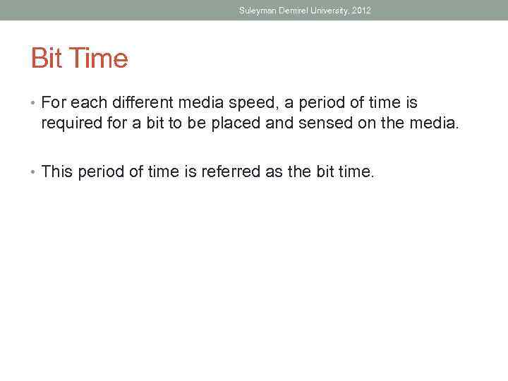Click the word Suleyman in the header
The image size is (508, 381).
[x=256, y=11]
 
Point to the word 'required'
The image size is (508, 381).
[x=68, y=124]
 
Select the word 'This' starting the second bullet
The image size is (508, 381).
[x=57, y=171]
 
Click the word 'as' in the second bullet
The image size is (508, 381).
[x=272, y=171]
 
